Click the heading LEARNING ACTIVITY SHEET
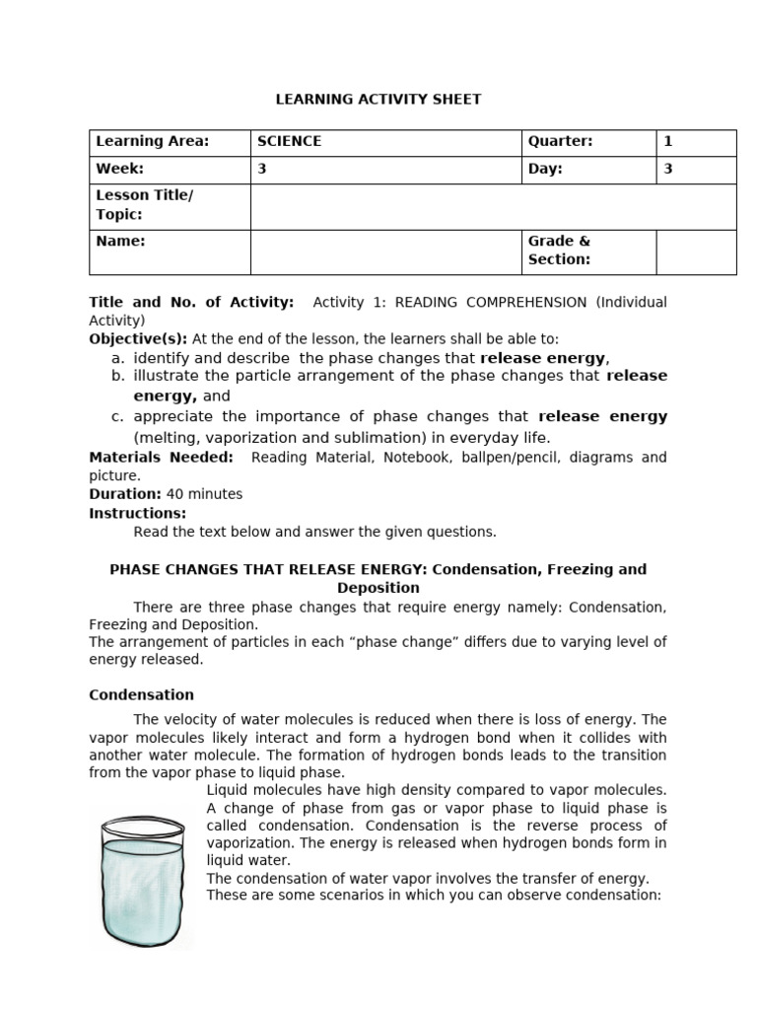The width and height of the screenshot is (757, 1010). (x=378, y=99)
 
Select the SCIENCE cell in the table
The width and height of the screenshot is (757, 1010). (x=289, y=141)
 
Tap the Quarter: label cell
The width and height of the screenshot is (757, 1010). (x=560, y=141)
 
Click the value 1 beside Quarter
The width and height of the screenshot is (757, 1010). (x=667, y=141)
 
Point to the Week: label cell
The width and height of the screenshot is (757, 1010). (x=119, y=169)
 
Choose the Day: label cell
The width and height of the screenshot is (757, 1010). (x=545, y=169)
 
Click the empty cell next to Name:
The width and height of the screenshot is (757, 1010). (x=385, y=252)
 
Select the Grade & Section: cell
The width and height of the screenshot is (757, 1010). (x=559, y=251)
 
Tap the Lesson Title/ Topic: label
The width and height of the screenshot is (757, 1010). (x=144, y=205)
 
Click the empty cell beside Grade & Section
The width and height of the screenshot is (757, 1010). (x=696, y=252)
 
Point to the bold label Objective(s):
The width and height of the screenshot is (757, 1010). (x=138, y=338)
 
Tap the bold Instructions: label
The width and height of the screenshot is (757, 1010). (x=137, y=513)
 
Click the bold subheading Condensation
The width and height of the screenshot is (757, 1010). (x=141, y=694)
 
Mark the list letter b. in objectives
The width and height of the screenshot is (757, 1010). (x=117, y=376)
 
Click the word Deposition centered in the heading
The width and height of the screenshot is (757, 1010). (x=378, y=588)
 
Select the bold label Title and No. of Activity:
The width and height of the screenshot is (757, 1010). (x=191, y=302)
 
